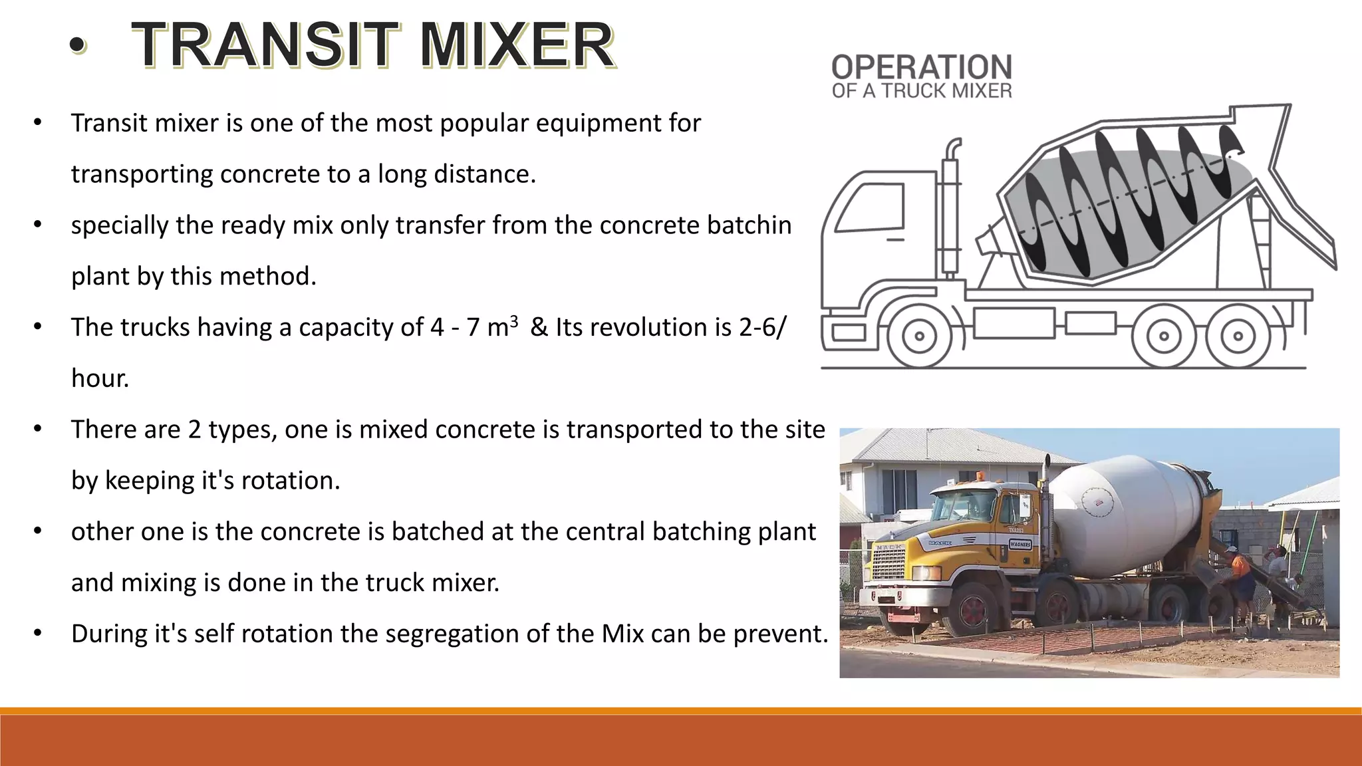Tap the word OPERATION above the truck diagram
tap(921, 67)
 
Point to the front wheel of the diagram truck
tap(919, 336)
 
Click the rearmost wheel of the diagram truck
tap(1238, 336)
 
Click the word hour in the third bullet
tap(100, 378)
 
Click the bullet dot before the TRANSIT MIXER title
tap(78, 45)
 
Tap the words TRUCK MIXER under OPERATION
tap(946, 91)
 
